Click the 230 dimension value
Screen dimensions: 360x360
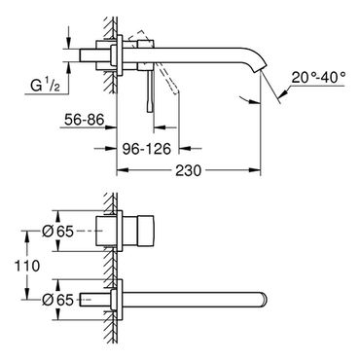tap(189, 170)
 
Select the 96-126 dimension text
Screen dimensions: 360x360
tap(146, 149)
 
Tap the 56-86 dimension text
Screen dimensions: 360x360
tap(85, 120)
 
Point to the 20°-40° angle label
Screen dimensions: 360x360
tap(318, 78)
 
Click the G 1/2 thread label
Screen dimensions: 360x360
tap(45, 86)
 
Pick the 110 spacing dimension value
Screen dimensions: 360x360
tap(27, 266)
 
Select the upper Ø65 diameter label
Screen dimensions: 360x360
tap(58, 232)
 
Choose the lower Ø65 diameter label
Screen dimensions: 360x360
tap(58, 300)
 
